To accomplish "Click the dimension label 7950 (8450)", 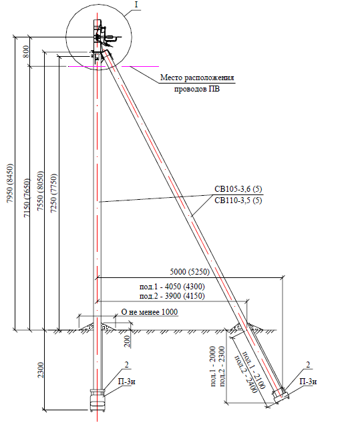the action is pyautogui.click(x=10, y=183).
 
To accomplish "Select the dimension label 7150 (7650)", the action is pyautogui.click(x=27, y=198).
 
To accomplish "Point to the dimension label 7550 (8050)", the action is pyautogui.click(x=40, y=191).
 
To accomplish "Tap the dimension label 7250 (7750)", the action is pyautogui.click(x=54, y=192).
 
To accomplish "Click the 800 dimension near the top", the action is pyautogui.click(x=26, y=51).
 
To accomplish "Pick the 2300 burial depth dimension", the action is pyautogui.click(x=41, y=370).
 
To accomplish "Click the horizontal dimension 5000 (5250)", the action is pyautogui.click(x=190, y=271).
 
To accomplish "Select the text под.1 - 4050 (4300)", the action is pyautogui.click(x=172, y=287).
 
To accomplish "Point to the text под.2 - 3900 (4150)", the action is pyautogui.click(x=172, y=296).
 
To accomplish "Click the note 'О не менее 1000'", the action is pyautogui.click(x=150, y=312).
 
